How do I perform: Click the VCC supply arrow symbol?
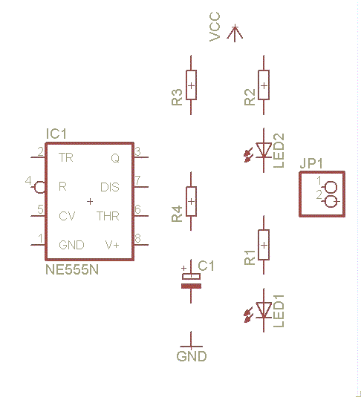coord(235,33)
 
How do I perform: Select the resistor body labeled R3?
coord(191,85)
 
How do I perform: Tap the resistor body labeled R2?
coord(264,85)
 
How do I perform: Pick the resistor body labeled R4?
coord(191,201)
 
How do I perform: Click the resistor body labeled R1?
coord(264,245)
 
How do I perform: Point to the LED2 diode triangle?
coord(264,150)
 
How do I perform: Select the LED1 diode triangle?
coord(264,309)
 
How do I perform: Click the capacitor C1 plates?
coord(191,281)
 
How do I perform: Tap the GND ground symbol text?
coord(192,356)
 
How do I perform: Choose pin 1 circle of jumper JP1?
coord(331,187)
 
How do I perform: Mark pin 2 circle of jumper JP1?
coord(331,202)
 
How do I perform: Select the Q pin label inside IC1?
coord(115,159)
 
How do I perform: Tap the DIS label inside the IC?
coord(110,187)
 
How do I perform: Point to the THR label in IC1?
coord(108,216)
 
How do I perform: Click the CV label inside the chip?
coord(67,216)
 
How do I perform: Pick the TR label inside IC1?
coord(66,157)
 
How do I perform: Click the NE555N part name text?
coord(72,269)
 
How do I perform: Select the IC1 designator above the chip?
coord(56,134)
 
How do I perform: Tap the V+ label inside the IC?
coord(112,245)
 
